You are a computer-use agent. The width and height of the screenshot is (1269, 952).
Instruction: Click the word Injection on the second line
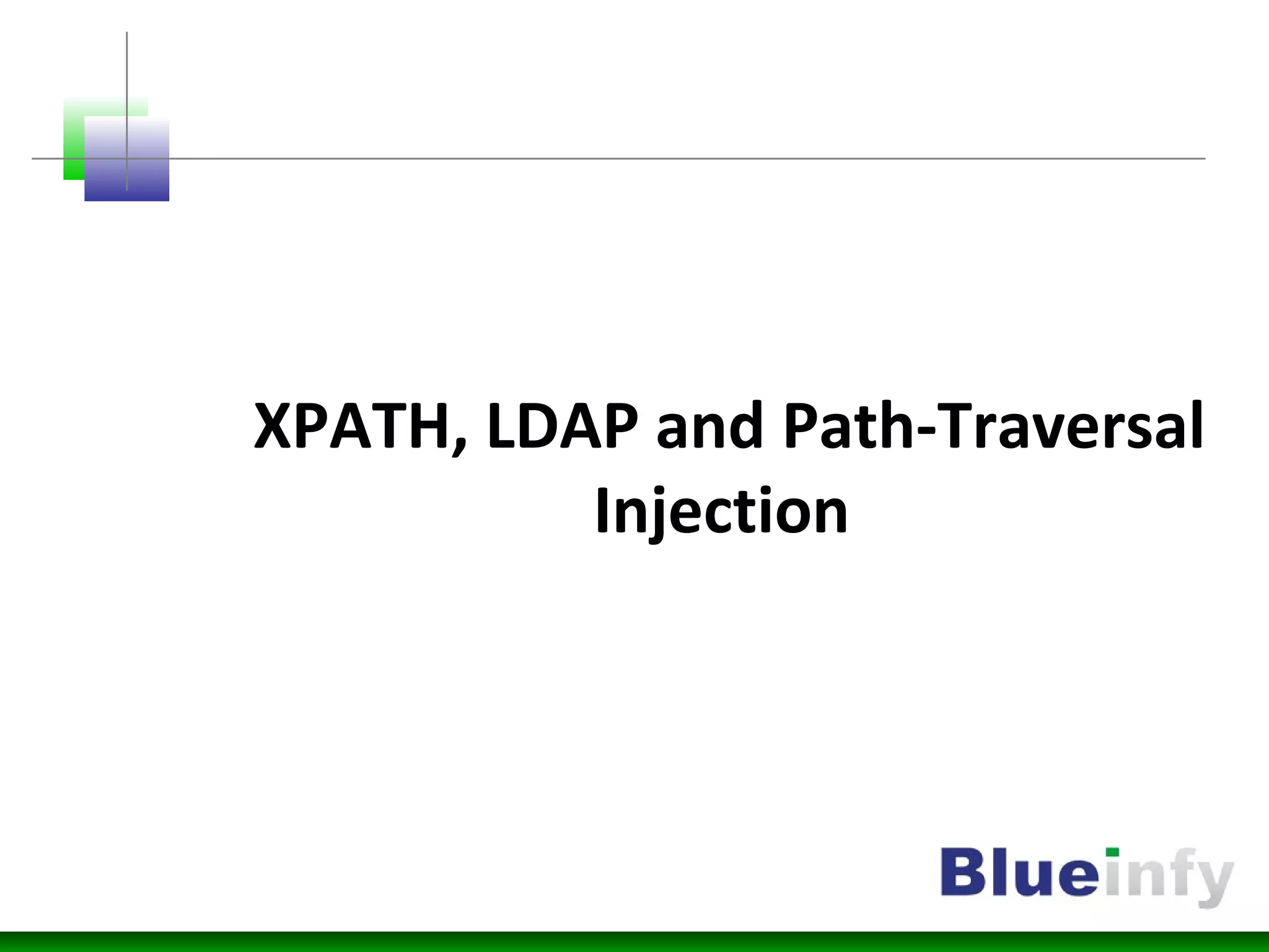(721, 511)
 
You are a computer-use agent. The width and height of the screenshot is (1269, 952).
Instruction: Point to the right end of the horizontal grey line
(1203, 159)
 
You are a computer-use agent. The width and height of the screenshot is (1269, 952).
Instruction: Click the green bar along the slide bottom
(634, 941)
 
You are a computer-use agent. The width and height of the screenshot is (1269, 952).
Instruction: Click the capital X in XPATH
(273, 427)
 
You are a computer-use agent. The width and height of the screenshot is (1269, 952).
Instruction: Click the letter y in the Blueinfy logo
(1211, 880)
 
